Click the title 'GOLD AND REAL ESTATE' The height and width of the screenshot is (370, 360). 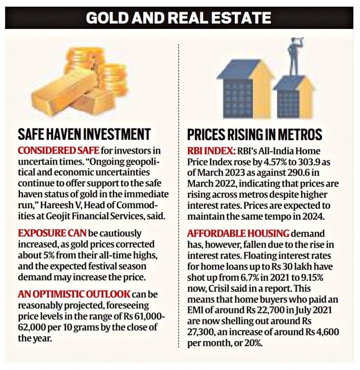(179, 18)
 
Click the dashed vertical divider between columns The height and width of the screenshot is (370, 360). (178, 190)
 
